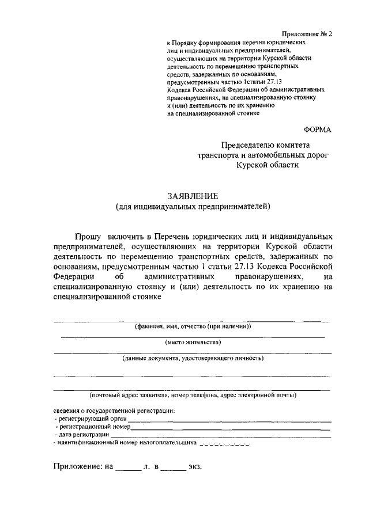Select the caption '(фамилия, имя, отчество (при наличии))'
click(193, 326)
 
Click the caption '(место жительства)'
click(193, 342)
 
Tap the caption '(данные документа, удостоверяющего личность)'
click(193, 358)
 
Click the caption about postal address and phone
click(193, 395)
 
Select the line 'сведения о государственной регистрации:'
click(114, 410)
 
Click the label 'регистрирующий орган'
click(89, 419)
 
